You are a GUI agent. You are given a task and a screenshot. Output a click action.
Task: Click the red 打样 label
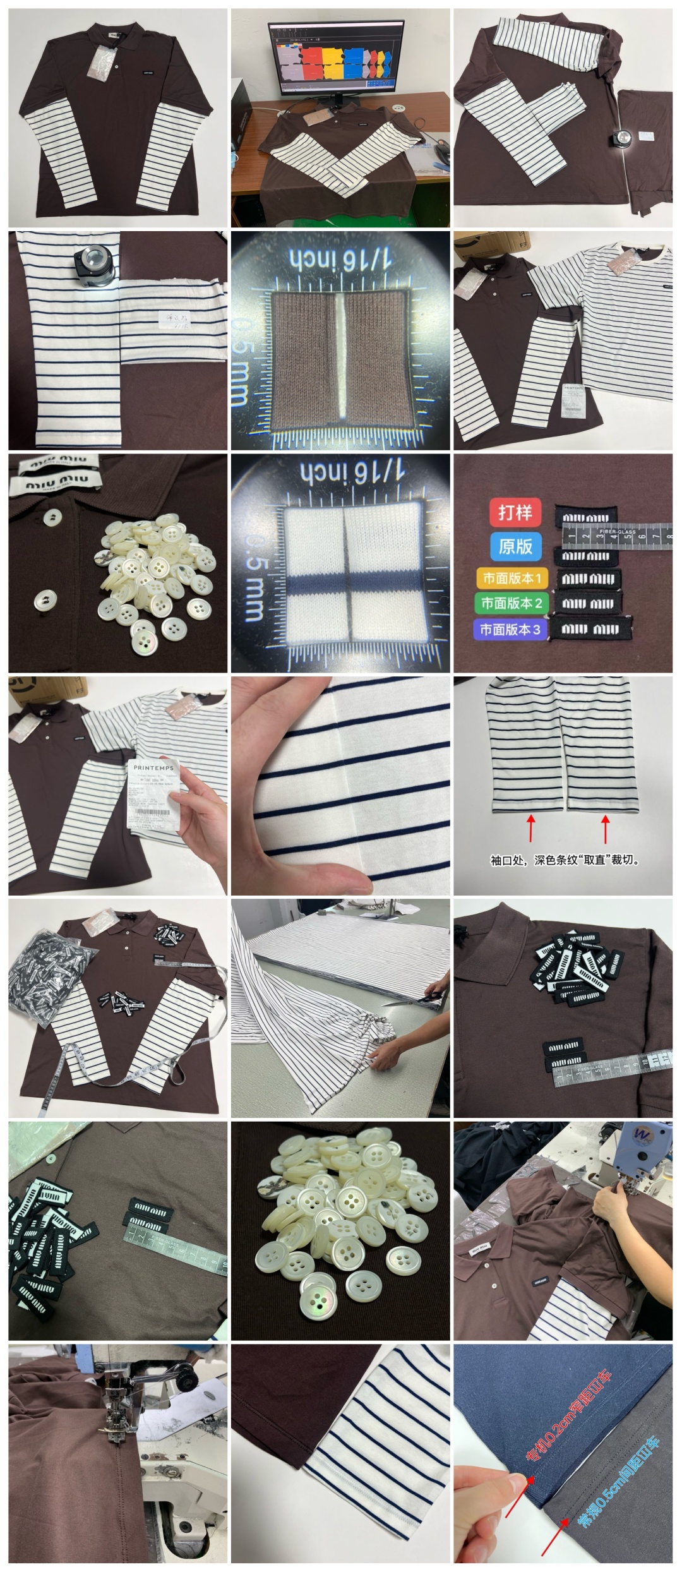tap(515, 512)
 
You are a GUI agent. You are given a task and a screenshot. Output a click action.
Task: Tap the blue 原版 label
tap(515, 546)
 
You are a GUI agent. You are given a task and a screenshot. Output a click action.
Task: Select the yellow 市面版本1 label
tap(512, 578)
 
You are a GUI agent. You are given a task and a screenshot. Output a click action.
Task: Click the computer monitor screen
tap(336, 60)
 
